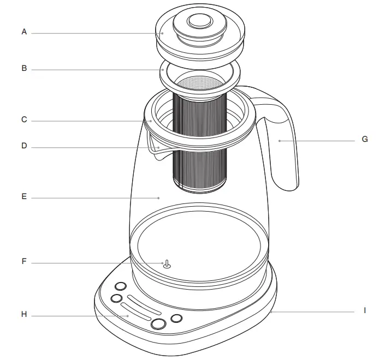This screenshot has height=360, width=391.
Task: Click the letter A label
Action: [x=24, y=32]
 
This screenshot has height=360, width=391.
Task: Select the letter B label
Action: [x=24, y=69]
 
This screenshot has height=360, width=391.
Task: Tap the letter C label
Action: [x=24, y=119]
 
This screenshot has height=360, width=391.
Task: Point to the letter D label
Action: [x=24, y=146]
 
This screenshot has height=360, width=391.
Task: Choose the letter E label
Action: [x=24, y=197]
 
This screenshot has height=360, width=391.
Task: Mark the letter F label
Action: [x=24, y=261]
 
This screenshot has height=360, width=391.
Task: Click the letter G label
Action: [x=365, y=140]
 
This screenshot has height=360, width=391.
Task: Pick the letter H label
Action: [x=24, y=314]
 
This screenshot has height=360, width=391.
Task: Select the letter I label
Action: [x=365, y=310]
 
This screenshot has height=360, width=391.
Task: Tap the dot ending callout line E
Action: [x=159, y=197]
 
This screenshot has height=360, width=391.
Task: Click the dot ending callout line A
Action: [x=162, y=33]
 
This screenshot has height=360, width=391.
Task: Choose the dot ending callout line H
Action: [x=128, y=315]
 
